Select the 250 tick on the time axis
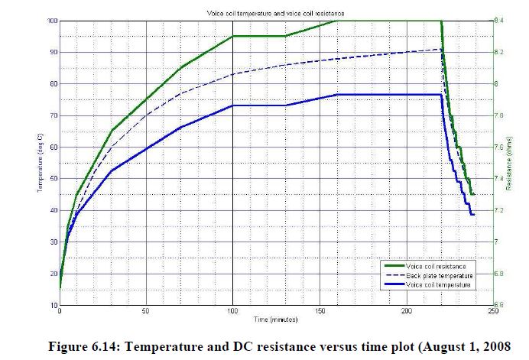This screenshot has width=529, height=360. pyautogui.click(x=492, y=312)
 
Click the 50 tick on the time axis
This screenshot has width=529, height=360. pyautogui.click(x=146, y=312)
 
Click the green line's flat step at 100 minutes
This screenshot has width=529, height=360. pyautogui.click(x=258, y=36)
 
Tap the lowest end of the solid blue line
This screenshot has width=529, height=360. pyautogui.click(x=472, y=215)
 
